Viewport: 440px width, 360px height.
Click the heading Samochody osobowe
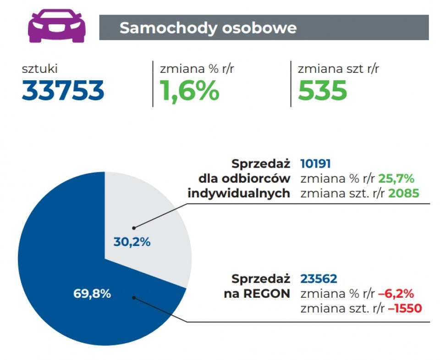pos(208,28)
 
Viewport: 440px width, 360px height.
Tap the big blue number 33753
pos(63,91)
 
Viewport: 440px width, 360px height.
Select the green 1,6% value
pos(189,91)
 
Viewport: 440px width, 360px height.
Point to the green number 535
pos(322,91)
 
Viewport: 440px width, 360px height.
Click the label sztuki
pos(40,69)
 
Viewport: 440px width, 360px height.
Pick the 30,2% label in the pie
pos(132,242)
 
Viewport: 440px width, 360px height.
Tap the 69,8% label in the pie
pos(92,294)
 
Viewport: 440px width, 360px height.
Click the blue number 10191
pos(315,164)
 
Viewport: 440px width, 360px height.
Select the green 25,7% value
pos(396,178)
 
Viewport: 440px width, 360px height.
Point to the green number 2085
pos(403,193)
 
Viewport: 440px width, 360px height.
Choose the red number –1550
pos(405,309)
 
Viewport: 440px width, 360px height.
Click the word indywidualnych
pos(239,193)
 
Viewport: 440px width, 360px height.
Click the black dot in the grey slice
pos(134,227)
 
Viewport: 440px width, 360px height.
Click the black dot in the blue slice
pos(134,297)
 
